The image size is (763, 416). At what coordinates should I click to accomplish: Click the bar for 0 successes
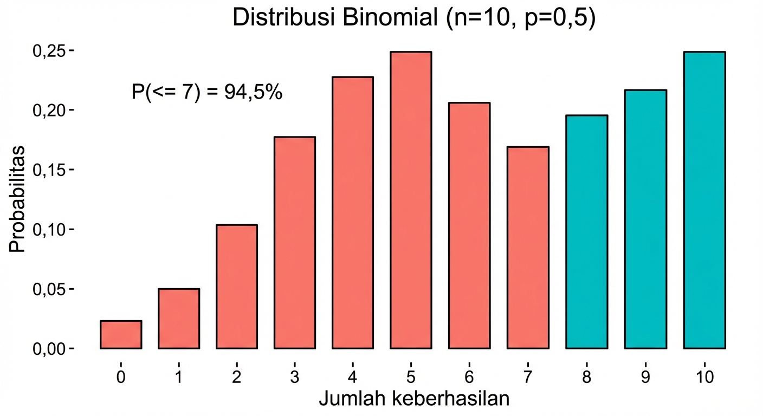(x=121, y=335)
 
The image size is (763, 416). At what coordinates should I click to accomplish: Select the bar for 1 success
(x=179, y=318)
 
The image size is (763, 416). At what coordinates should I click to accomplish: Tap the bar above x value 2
(x=237, y=287)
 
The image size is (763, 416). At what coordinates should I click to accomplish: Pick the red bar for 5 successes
(x=411, y=200)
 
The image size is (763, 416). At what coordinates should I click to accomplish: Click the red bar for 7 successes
(x=528, y=248)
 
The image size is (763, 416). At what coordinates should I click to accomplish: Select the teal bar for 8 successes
(x=586, y=232)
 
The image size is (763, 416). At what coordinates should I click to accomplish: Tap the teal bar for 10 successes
(x=704, y=200)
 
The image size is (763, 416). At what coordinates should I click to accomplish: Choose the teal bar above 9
(x=645, y=219)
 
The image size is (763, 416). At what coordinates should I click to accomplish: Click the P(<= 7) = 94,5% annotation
(x=206, y=92)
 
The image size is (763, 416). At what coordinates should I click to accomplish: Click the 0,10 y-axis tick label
(x=49, y=230)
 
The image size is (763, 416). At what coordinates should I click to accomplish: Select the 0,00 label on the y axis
(x=49, y=349)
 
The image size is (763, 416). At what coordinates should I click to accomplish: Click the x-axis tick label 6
(x=469, y=378)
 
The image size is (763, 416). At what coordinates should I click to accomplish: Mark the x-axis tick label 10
(x=704, y=378)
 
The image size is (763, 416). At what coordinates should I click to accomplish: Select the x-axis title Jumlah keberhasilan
(x=414, y=400)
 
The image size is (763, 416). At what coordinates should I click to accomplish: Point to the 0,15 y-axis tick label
(x=49, y=170)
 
